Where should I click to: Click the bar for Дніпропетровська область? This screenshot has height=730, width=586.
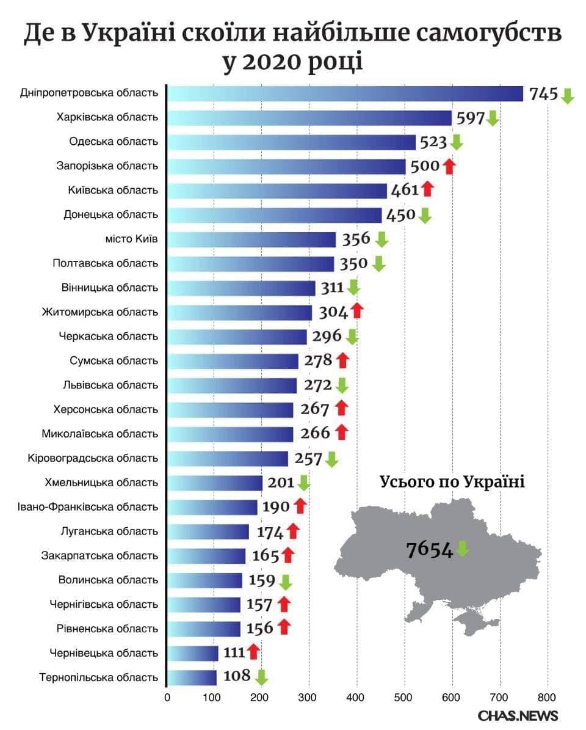(345, 93)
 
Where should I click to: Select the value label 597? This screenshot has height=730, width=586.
(471, 117)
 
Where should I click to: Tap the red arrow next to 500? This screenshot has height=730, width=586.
(449, 166)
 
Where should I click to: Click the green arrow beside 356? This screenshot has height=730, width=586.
(382, 239)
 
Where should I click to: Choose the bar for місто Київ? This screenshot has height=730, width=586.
(251, 239)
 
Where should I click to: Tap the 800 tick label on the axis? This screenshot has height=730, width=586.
(547, 696)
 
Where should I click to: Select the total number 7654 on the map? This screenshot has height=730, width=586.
(430, 549)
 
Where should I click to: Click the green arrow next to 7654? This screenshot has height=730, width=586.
(463, 549)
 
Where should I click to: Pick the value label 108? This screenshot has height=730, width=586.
(237, 676)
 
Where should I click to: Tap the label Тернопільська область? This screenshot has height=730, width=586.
(99, 677)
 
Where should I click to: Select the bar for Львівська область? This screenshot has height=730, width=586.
(231, 385)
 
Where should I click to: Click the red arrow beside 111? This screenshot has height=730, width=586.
(254, 652)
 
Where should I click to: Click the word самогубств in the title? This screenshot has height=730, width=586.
(485, 34)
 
